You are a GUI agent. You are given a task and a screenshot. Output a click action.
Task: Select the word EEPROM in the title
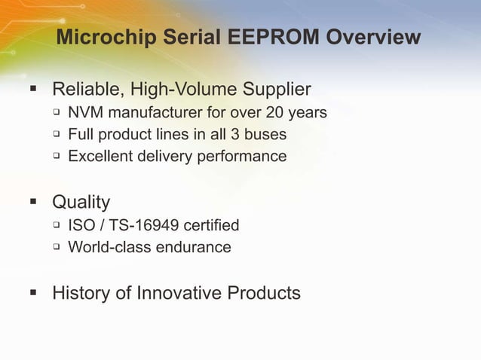[264, 37]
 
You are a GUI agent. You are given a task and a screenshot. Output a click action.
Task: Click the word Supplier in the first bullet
[274, 90]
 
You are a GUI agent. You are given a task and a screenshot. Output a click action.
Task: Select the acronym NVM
[85, 114]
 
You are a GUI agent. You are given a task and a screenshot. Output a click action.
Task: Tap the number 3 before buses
[240, 135]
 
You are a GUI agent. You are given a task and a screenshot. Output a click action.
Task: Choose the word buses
[268, 135]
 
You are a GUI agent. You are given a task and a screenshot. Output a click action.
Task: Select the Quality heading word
[81, 203]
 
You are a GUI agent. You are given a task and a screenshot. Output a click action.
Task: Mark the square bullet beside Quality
[32, 203]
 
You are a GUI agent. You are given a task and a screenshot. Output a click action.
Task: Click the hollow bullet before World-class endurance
[56, 247]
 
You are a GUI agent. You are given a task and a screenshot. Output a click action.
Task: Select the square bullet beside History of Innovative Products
[32, 293]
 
